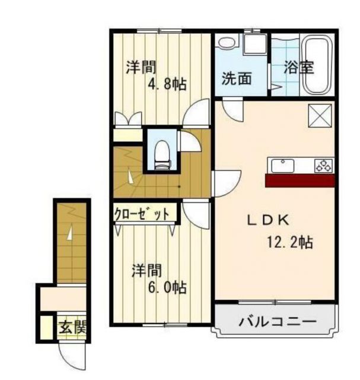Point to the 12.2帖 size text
click(x=289, y=242)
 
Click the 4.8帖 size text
click(x=167, y=84)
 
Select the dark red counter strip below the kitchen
click(x=300, y=180)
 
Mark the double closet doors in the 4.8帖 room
click(x=128, y=119)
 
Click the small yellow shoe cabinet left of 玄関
click(x=44, y=327)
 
